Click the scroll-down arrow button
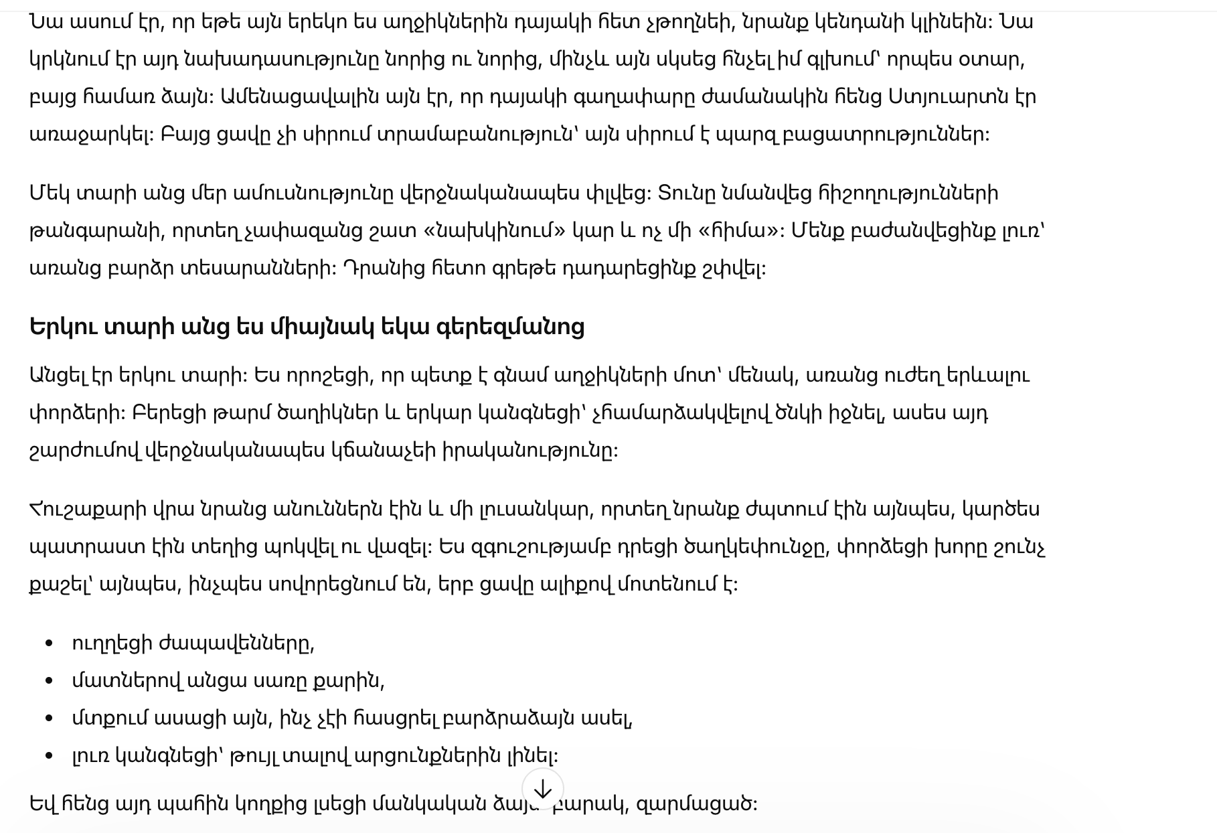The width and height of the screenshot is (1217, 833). [x=543, y=789]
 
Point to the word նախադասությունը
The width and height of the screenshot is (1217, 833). [x=268, y=60]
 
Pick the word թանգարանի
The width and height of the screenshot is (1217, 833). [x=95, y=231]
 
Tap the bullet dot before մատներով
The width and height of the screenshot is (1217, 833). [x=49, y=681]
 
